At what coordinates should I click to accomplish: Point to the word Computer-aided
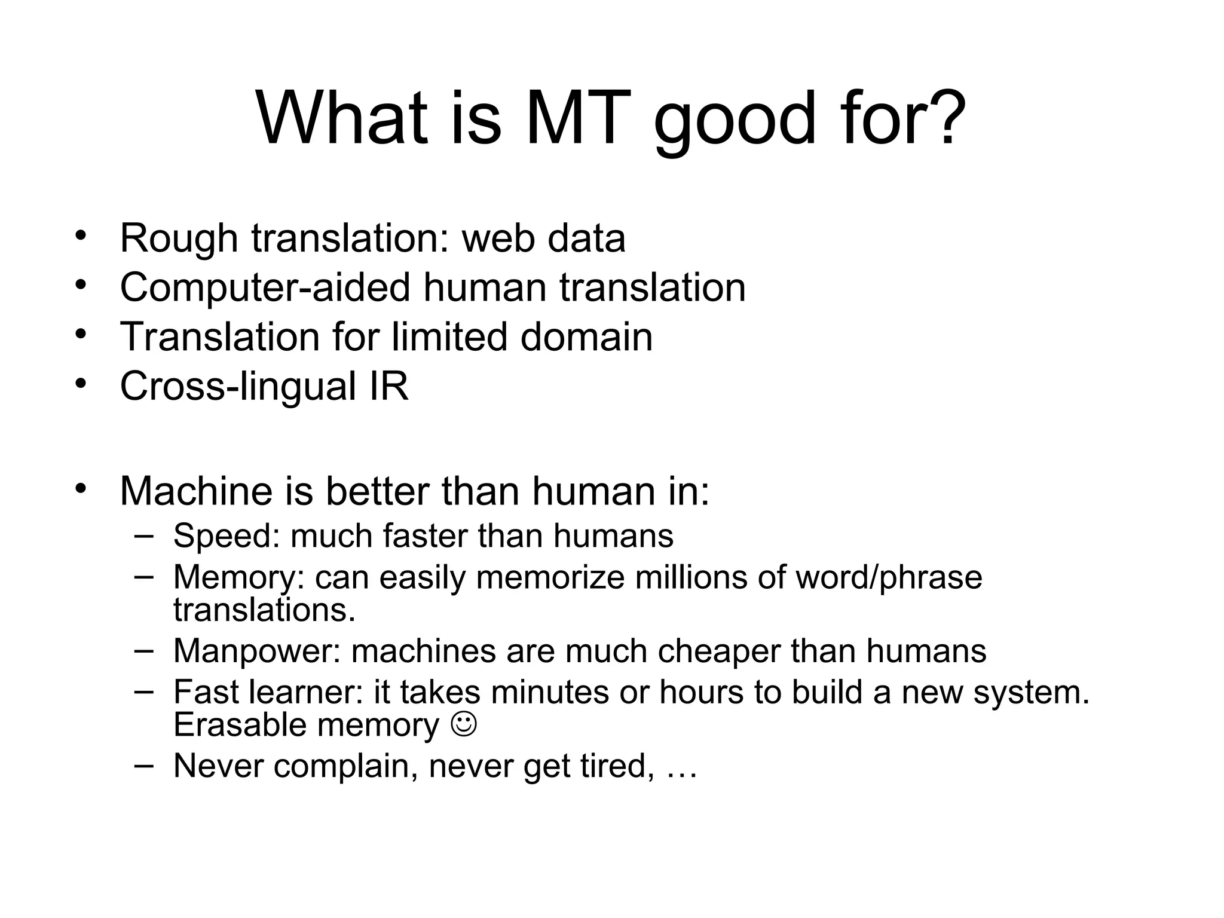pos(265,289)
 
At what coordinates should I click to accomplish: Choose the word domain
pos(586,337)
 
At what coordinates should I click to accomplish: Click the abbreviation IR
pos(389,387)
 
